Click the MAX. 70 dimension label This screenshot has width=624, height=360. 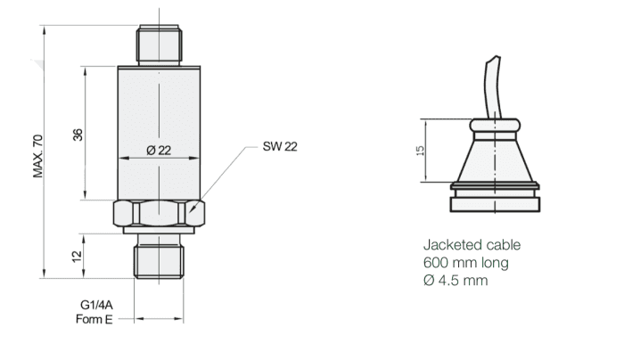point(38,156)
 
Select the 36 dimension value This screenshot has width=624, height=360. point(78,135)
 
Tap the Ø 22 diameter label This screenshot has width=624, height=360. point(158,151)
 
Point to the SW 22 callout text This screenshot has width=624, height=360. point(280,146)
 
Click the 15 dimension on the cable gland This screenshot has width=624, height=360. point(420,151)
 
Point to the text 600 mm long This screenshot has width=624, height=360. point(465,263)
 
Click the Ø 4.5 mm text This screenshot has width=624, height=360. point(455,280)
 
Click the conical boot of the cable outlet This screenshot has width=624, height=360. point(495,156)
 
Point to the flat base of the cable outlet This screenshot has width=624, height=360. point(495,203)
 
